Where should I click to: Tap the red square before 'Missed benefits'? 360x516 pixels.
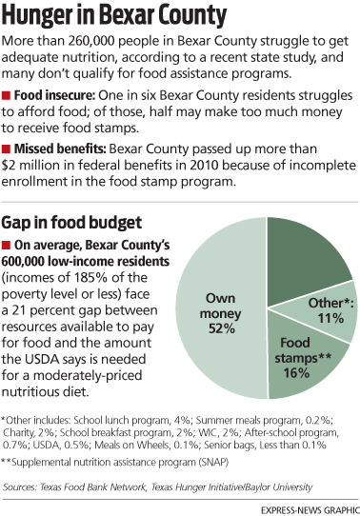pos(8,151)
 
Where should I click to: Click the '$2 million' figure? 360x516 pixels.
pos(35,168)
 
